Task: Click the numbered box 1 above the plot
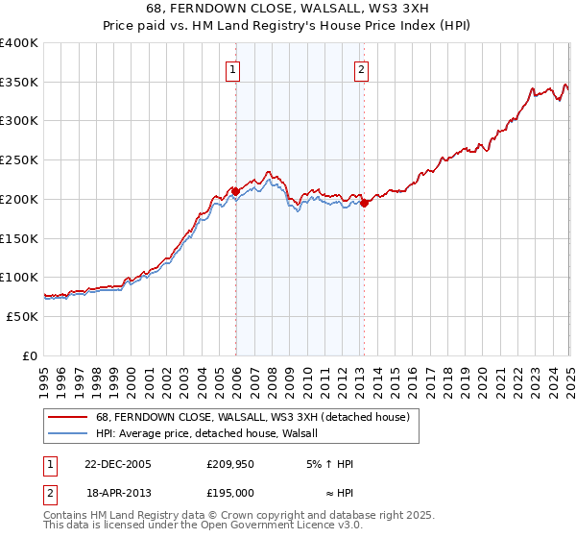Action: pyautogui.click(x=234, y=68)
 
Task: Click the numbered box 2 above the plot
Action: pyautogui.click(x=361, y=68)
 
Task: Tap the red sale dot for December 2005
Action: pyautogui.click(x=235, y=190)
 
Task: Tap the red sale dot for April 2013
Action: pyautogui.click(x=364, y=203)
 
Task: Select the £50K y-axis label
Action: pyautogui.click(x=22, y=316)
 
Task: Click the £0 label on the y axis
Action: pyautogui.click(x=31, y=355)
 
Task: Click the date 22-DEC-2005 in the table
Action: pyautogui.click(x=118, y=464)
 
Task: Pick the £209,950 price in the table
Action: pyautogui.click(x=229, y=464)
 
